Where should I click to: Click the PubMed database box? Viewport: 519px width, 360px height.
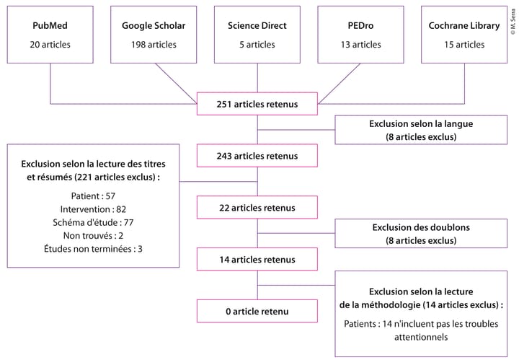[x=50, y=35]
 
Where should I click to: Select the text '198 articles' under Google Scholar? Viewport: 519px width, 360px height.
[x=154, y=45]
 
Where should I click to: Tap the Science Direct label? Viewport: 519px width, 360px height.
[x=257, y=26]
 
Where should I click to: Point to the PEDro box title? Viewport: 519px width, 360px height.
[x=360, y=26]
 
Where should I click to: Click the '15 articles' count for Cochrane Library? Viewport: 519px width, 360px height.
[x=463, y=45]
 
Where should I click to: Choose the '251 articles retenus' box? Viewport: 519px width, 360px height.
[x=257, y=104]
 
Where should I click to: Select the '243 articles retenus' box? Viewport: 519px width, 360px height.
[x=257, y=156]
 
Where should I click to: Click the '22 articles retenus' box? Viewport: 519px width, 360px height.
[x=257, y=208]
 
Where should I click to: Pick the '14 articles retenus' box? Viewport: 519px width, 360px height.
[x=257, y=259]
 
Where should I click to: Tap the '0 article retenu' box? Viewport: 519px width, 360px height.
[x=257, y=311]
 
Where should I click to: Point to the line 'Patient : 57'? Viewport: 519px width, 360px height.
[x=94, y=196]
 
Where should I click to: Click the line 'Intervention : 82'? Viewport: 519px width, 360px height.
[x=94, y=209]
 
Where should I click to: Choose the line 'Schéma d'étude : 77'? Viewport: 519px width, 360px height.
[x=94, y=222]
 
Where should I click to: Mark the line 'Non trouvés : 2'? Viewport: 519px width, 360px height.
[x=94, y=235]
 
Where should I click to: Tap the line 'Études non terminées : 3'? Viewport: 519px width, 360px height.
[x=94, y=248]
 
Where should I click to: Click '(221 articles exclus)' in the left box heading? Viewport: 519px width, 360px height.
[x=115, y=176]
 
